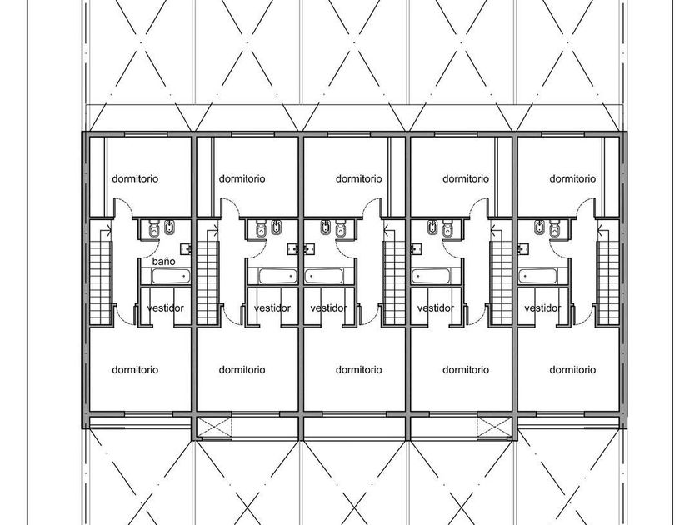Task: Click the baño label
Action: (163, 261)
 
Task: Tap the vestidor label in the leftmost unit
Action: (165, 308)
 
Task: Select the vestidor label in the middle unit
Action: (328, 308)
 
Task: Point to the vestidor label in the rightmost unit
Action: (542, 308)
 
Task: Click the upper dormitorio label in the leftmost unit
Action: (135, 178)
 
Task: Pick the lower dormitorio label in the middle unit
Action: (359, 370)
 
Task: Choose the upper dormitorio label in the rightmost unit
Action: (572, 178)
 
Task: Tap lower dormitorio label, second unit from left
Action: (242, 370)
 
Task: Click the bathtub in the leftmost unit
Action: (171, 277)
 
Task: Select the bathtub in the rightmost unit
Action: (537, 277)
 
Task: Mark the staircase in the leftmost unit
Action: (101, 277)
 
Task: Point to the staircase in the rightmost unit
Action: (607, 277)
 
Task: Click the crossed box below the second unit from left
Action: (214, 427)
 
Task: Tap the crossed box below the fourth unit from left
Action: (494, 427)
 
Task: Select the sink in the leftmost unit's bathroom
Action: (186, 248)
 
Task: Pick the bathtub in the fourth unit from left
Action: (430, 277)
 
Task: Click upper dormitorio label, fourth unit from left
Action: (466, 178)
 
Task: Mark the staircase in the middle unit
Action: (393, 277)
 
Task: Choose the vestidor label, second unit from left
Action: (272, 308)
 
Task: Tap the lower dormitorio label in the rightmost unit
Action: (572, 370)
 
